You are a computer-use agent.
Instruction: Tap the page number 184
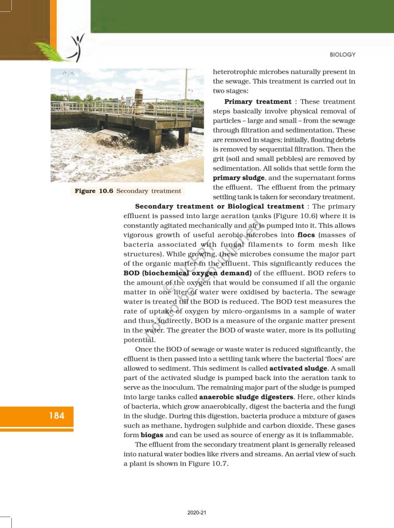click(x=57, y=415)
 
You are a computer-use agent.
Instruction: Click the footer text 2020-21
click(x=197, y=513)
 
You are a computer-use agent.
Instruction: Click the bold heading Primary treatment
click(x=253, y=102)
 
